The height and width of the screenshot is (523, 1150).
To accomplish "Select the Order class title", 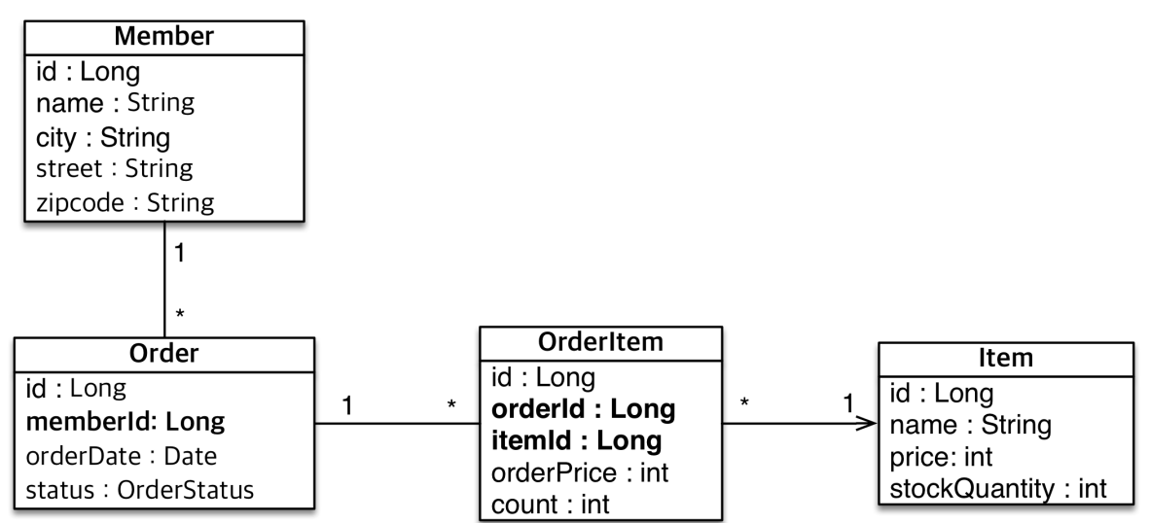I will pos(163,354).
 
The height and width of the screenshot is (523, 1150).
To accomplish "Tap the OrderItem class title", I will pos(600,343).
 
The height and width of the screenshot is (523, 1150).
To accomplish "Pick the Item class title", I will pos(1006,359).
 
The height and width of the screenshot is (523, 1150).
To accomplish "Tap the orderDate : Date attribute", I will pos(122,456).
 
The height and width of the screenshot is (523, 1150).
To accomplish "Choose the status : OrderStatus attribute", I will pos(140,489).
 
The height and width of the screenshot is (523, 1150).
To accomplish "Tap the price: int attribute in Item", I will pos(941,457).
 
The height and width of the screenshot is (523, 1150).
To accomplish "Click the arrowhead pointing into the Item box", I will pos(869,423).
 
